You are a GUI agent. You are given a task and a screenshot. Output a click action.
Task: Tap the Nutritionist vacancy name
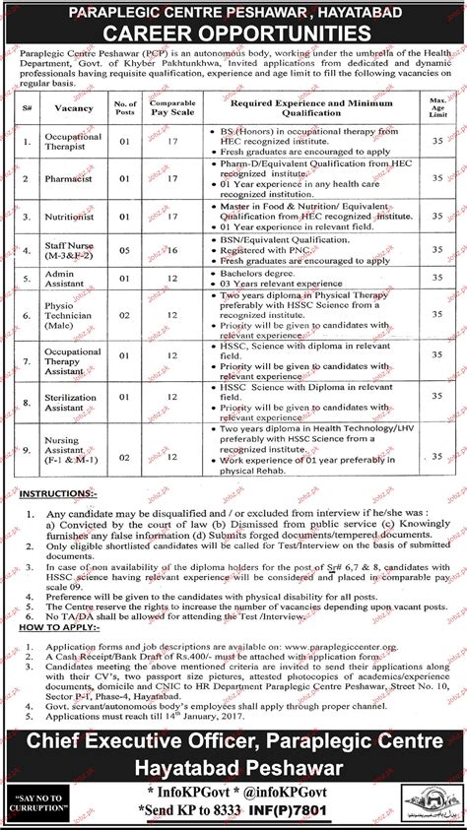(71, 216)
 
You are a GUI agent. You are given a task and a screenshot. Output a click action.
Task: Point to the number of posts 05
(125, 251)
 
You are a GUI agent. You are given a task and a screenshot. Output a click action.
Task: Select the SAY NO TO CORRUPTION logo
(43, 795)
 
